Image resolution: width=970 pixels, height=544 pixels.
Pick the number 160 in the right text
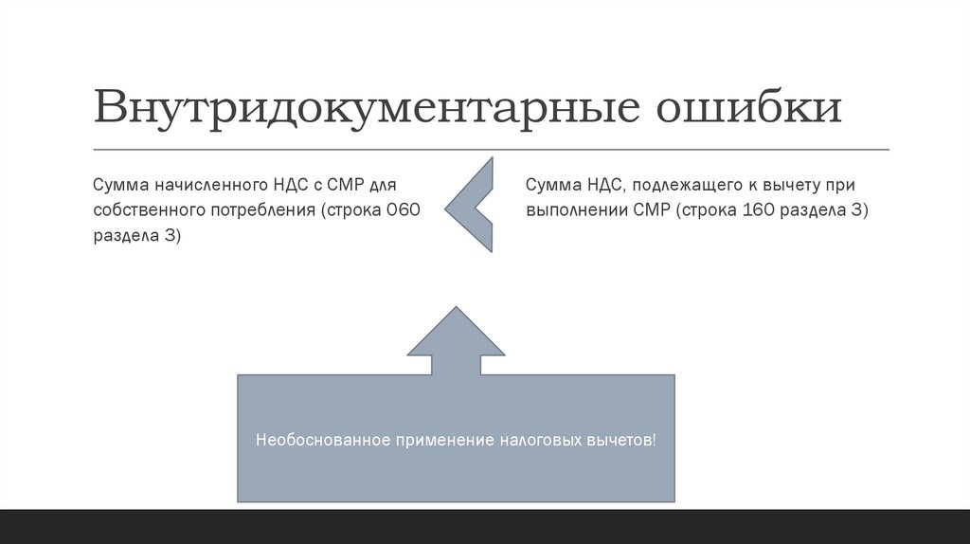pos(761,209)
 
